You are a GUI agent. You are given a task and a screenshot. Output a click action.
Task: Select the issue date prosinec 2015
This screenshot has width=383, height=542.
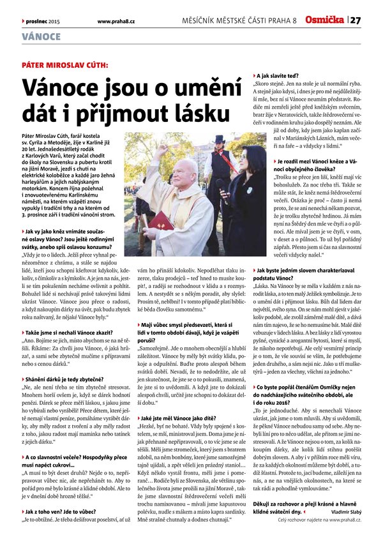point(42,22)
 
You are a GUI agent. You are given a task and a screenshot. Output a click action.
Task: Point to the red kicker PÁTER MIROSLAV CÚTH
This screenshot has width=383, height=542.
point(64,65)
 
